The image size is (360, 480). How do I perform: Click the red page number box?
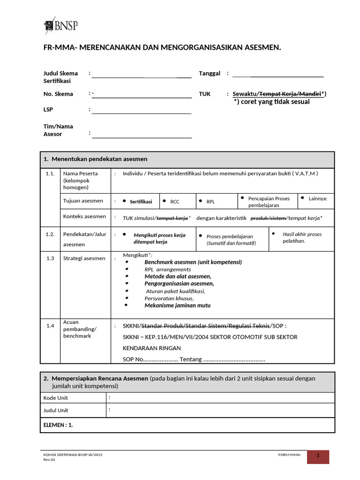(318, 457)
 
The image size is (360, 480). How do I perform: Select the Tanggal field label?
(210, 74)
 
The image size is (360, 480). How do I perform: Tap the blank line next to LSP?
(142, 111)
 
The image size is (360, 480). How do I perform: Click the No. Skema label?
(58, 94)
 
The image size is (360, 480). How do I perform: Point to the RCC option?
(174, 202)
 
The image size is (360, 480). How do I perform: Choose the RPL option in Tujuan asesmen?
(210, 202)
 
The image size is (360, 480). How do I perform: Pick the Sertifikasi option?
(141, 202)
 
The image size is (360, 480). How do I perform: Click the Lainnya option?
(318, 198)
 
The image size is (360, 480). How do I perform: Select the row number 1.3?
(50, 258)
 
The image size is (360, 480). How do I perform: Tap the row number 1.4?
(50, 326)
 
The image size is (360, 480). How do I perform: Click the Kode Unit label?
(56, 398)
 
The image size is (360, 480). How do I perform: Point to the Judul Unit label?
(56, 410)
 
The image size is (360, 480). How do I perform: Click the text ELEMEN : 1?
(58, 425)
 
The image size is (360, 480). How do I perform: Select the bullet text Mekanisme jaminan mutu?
(177, 305)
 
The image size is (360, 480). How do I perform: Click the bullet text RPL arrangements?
(167, 270)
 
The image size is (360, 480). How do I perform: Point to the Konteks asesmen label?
(84, 217)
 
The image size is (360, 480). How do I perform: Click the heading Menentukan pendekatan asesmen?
(99, 159)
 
